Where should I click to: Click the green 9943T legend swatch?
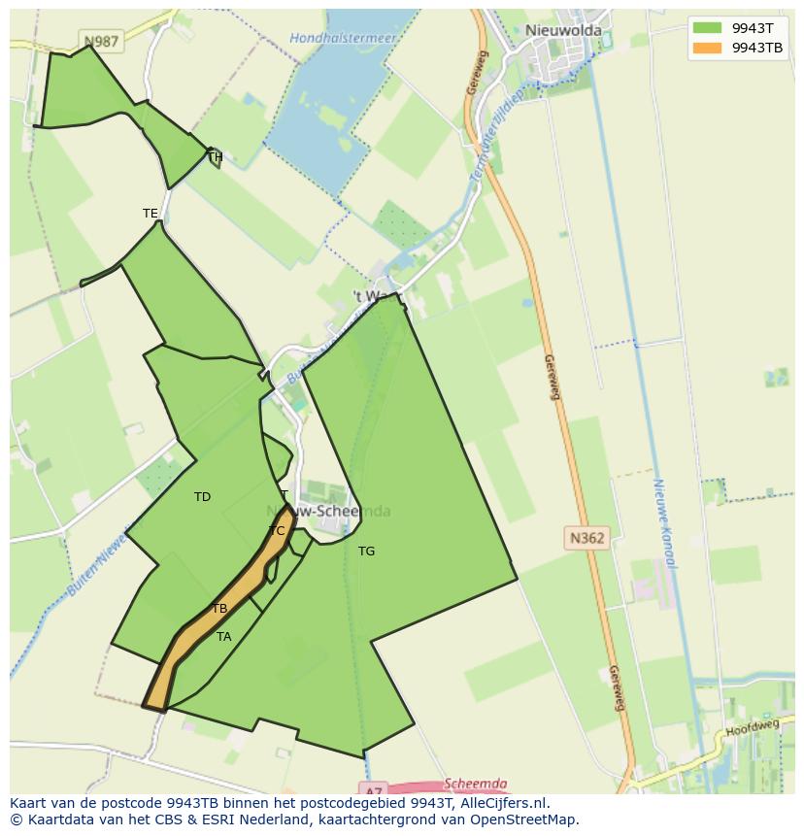click(708, 28)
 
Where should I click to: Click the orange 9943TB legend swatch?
click(708, 48)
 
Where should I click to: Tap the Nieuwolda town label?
click(563, 30)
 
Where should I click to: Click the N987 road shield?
click(100, 41)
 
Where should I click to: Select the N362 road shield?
click(586, 537)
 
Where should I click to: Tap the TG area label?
click(366, 552)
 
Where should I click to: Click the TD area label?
click(202, 497)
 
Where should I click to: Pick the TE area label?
click(150, 214)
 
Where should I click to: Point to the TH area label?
click(216, 157)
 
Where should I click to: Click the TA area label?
click(224, 637)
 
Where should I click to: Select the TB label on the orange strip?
click(219, 609)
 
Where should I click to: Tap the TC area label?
click(277, 531)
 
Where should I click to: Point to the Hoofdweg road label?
click(753, 726)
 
